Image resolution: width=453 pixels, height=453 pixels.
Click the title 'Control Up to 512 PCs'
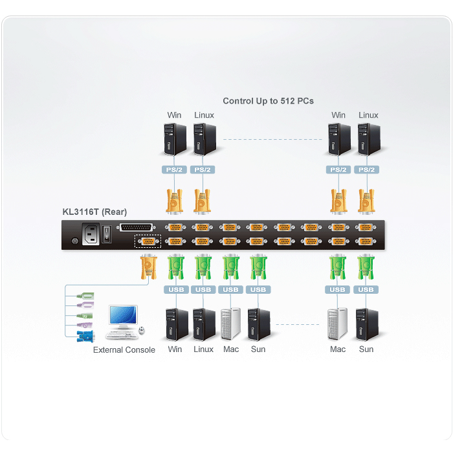click(268, 101)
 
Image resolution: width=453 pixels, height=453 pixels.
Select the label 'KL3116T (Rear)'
click(94, 212)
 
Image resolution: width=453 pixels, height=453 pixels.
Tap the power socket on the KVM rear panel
click(91, 234)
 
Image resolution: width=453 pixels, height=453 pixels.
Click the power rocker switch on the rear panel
click(107, 234)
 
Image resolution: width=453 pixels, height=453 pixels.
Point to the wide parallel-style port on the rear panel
click(137, 227)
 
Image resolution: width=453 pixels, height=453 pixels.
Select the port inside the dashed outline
click(148, 241)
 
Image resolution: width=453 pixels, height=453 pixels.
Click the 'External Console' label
click(124, 350)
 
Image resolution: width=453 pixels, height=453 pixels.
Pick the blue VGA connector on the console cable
click(85, 337)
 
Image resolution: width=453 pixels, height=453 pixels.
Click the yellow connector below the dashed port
click(148, 267)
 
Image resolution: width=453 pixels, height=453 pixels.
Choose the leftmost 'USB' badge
click(176, 289)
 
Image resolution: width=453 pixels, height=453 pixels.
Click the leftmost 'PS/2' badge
click(174, 170)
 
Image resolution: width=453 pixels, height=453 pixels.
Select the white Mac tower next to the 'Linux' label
click(230, 324)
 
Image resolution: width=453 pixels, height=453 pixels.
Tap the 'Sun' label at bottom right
click(366, 349)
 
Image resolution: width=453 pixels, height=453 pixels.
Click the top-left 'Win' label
click(174, 115)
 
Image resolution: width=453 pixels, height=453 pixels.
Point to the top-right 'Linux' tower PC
click(369, 139)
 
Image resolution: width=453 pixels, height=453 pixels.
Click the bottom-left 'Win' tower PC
click(177, 324)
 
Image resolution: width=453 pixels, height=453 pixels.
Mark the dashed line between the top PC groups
click(272, 140)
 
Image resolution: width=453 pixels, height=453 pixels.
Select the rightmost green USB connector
click(366, 267)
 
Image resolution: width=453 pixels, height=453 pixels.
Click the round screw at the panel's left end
click(75, 241)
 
